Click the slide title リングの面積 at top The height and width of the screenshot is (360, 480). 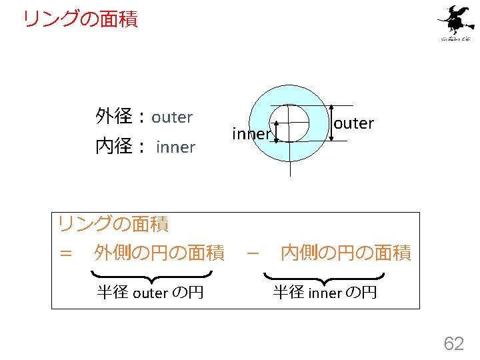[x=80, y=19]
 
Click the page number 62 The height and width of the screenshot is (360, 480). [x=454, y=343]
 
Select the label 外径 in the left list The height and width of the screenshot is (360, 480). [x=115, y=117]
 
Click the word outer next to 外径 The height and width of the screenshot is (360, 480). [x=172, y=117]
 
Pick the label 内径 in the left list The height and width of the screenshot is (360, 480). [x=115, y=147]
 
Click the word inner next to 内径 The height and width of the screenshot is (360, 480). [x=175, y=147]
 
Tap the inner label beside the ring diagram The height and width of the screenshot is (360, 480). [x=251, y=133]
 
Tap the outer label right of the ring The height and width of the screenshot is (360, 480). [x=353, y=123]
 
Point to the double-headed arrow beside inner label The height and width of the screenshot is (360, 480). [x=275, y=132]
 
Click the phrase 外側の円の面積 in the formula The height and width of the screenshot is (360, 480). [x=159, y=253]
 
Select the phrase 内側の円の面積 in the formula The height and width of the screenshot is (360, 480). [x=346, y=253]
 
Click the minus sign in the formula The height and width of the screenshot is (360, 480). [x=252, y=253]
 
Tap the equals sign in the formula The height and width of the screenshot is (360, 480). [x=65, y=253]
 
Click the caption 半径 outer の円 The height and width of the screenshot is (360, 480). [x=150, y=292]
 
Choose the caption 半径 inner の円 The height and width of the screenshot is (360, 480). [x=325, y=292]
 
